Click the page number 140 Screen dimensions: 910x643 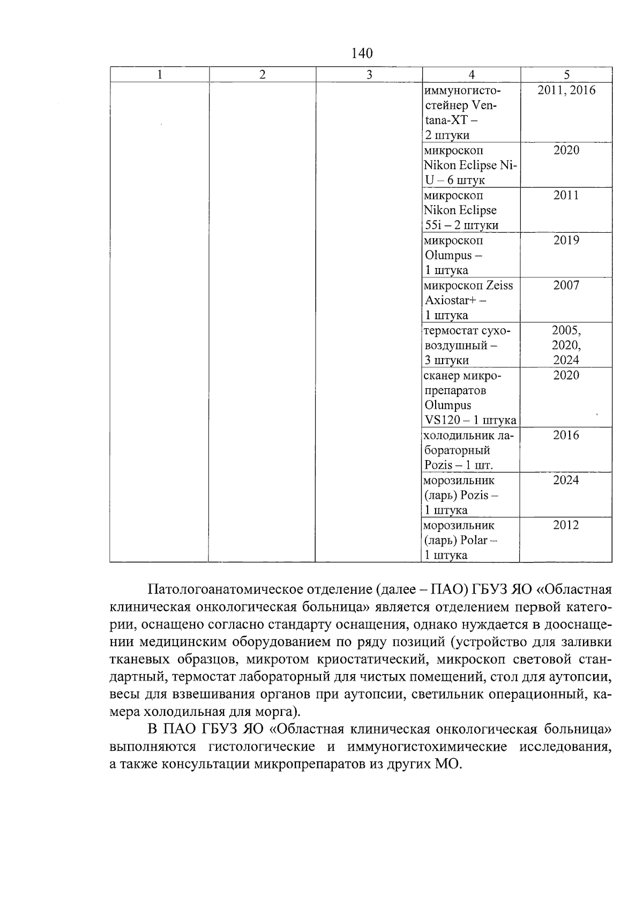click(362, 53)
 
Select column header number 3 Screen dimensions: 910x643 click(369, 75)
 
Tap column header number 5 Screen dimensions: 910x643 click(566, 75)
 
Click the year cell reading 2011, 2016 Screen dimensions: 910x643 click(566, 91)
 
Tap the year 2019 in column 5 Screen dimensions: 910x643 click(566, 240)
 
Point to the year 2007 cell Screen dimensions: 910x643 click(566, 285)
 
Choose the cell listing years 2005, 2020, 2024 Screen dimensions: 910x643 click(566, 345)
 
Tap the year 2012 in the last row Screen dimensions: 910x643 click(566, 525)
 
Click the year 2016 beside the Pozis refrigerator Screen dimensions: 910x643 click(566, 435)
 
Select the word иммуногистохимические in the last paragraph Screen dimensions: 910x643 click(427, 747)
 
